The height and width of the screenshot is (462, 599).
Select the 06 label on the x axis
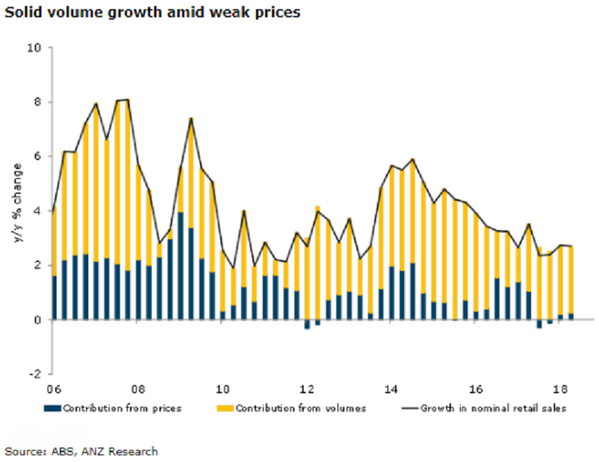click(53, 390)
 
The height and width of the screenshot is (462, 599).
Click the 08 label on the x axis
click(137, 390)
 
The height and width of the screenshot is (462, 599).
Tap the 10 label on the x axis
click(222, 390)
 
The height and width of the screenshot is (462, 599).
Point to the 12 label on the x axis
click(307, 390)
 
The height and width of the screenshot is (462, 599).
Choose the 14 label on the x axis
click(391, 390)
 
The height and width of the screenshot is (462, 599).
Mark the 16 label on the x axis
click(476, 390)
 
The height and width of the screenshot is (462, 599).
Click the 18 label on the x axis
click(560, 390)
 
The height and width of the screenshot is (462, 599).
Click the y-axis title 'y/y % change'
click(14, 211)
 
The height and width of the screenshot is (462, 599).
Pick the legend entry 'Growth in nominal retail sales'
click(483, 408)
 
